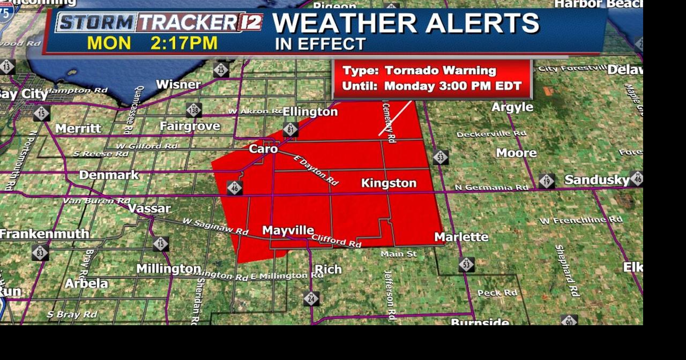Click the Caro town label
click(x=263, y=148)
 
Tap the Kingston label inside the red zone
click(x=389, y=183)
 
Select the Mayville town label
click(x=288, y=230)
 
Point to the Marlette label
click(x=461, y=237)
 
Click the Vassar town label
click(x=149, y=208)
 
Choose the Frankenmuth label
click(x=44, y=234)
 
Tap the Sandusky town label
click(x=596, y=179)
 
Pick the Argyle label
click(x=512, y=107)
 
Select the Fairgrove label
click(x=190, y=126)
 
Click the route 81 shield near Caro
click(x=290, y=130)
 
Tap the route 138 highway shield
click(x=193, y=110)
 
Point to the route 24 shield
click(x=311, y=298)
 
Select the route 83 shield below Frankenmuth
click(x=40, y=252)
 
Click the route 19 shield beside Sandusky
click(x=547, y=181)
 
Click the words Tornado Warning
click(x=441, y=71)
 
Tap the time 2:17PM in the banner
click(x=184, y=43)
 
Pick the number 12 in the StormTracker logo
click(x=250, y=22)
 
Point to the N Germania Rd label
click(x=491, y=187)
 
